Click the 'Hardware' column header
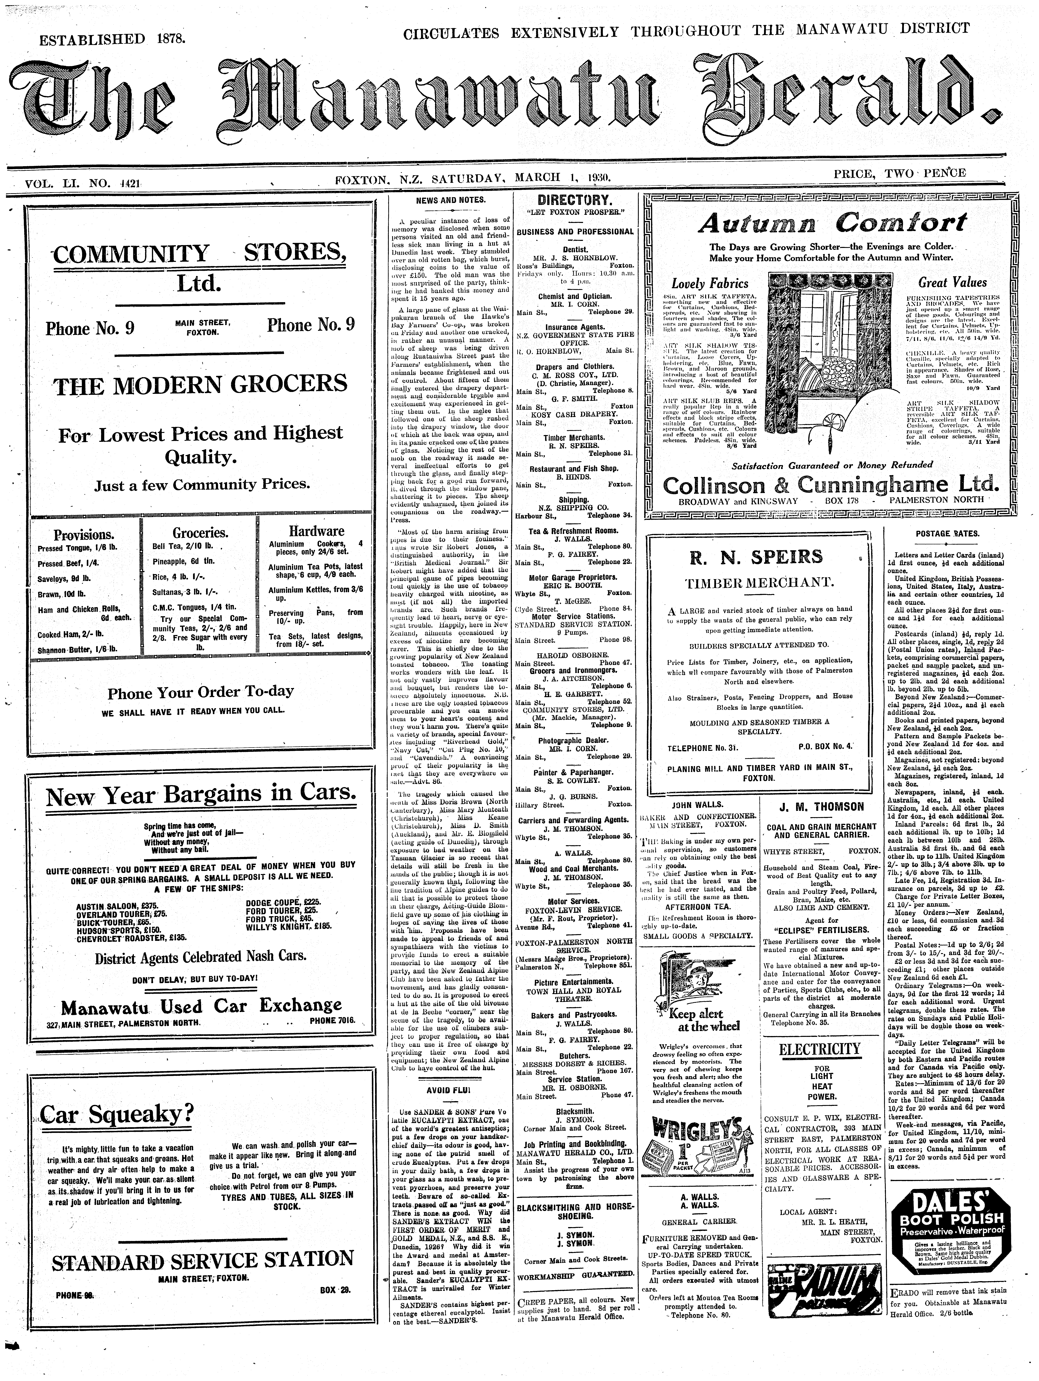317,531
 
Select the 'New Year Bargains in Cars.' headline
201,795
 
